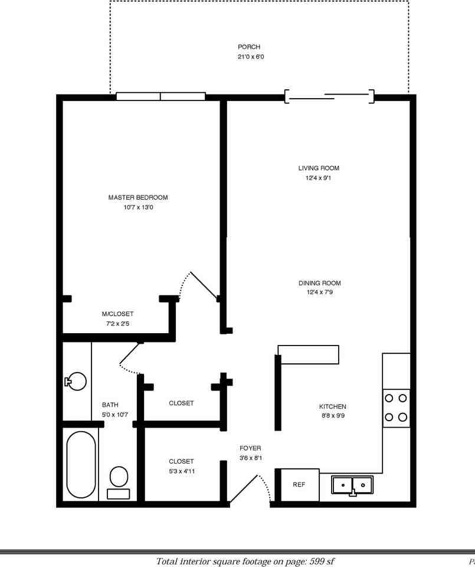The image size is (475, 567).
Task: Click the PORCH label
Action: [x=248, y=47]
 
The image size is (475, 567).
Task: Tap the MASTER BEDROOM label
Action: [x=138, y=197]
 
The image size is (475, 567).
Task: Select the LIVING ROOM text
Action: [x=319, y=168]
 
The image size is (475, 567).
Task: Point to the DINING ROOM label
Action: [x=319, y=283]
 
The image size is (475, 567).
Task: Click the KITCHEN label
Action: [x=332, y=406]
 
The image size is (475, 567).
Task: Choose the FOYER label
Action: [x=250, y=448]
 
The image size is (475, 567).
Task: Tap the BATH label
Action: [x=110, y=405]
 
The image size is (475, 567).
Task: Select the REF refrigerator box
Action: [x=299, y=485]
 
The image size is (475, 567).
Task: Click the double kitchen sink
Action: [x=352, y=485]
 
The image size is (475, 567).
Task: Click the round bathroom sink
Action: [x=76, y=381]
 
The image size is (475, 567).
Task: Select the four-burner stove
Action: [x=396, y=408]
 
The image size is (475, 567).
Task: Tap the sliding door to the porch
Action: [x=329, y=96]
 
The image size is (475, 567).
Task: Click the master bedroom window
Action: [x=160, y=96]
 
